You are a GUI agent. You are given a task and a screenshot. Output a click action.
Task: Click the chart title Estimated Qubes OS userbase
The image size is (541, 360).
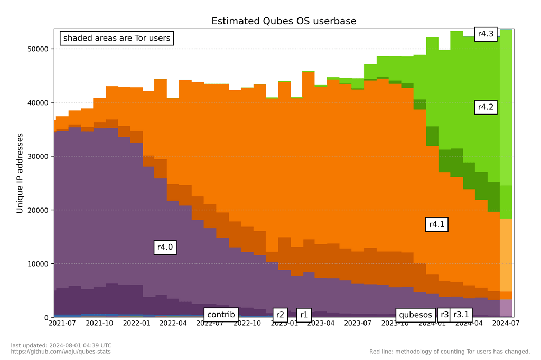pos(284,21)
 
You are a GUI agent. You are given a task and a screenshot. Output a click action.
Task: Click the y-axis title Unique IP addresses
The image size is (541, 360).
pos(20,173)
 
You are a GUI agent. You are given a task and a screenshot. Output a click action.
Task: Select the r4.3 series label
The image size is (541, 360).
pos(486,34)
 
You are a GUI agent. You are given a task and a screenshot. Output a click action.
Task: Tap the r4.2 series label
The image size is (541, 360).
pos(486,107)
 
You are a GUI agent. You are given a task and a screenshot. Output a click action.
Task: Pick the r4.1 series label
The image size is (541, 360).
pos(436,224)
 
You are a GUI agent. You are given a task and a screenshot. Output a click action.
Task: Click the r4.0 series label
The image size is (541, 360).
pos(165,247)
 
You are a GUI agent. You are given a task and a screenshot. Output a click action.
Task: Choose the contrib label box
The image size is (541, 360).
pos(221,315)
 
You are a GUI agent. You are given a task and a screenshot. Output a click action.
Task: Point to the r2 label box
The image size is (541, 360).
pos(280,315)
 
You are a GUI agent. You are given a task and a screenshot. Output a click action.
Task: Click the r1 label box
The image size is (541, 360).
pos(304,315)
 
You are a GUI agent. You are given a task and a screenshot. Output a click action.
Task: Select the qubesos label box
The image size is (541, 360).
pos(415,315)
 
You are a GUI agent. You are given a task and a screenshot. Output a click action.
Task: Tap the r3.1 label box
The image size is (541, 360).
pos(461,315)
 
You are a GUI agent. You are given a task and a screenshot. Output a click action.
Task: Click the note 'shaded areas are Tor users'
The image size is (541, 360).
pos(117,38)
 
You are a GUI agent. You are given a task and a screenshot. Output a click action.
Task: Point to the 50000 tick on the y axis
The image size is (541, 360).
pos(38,49)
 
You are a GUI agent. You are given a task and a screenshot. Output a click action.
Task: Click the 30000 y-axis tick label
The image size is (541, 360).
pos(38,156)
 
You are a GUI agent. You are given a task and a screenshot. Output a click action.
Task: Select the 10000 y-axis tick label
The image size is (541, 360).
pos(38,264)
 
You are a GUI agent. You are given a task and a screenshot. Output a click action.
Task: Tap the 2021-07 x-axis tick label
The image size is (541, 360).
pos(62,324)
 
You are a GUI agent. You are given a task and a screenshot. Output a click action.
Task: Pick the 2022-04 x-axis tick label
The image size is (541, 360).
pos(173,324)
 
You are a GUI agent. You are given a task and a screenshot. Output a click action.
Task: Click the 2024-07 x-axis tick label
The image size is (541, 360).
pos(506,324)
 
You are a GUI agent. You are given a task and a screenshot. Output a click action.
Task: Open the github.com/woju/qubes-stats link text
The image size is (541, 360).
pos(61,352)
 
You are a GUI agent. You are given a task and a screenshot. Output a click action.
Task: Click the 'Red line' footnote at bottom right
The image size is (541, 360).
pos(450,352)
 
